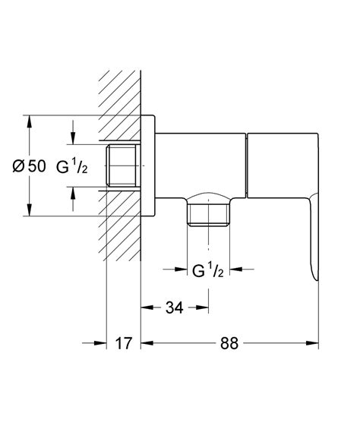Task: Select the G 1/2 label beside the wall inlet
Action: click(73, 166)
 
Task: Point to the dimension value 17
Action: click(123, 343)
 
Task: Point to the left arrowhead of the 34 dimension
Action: click(147, 307)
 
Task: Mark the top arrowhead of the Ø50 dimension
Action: click(28, 120)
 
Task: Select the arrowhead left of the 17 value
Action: click(100, 343)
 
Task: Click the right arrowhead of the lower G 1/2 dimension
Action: click(236, 268)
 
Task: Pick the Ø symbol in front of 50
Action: click(17, 166)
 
